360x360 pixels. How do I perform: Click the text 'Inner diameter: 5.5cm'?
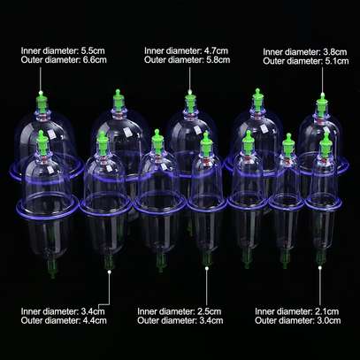click(x=63, y=50)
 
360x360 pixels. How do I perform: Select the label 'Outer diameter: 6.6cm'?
click(x=64, y=60)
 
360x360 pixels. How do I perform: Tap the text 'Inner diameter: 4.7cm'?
click(x=186, y=50)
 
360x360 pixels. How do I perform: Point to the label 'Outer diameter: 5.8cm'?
click(x=187, y=60)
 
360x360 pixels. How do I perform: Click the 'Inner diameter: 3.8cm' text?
click(x=305, y=52)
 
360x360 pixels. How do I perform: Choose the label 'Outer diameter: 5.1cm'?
click(x=306, y=61)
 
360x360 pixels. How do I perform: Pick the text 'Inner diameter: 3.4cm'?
click(x=63, y=311)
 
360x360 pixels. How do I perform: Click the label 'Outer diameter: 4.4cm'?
click(x=64, y=320)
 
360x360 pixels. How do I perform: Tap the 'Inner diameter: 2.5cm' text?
click(x=180, y=311)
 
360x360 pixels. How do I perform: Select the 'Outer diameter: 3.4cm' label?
click(x=180, y=320)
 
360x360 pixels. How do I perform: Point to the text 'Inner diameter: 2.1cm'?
click(x=297, y=311)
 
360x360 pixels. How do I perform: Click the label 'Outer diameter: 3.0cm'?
click(x=298, y=320)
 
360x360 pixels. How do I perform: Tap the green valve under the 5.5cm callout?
click(x=42, y=102)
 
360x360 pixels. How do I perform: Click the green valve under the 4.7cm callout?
click(x=190, y=102)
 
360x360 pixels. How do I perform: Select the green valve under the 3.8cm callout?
click(x=322, y=104)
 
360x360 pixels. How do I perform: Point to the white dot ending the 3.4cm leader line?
click(x=110, y=272)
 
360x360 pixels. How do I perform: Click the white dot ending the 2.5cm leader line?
click(x=207, y=268)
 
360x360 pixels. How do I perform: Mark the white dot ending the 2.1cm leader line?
click(x=320, y=268)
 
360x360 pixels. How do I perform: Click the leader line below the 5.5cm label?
click(x=41, y=79)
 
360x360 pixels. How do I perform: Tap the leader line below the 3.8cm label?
click(x=322, y=80)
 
